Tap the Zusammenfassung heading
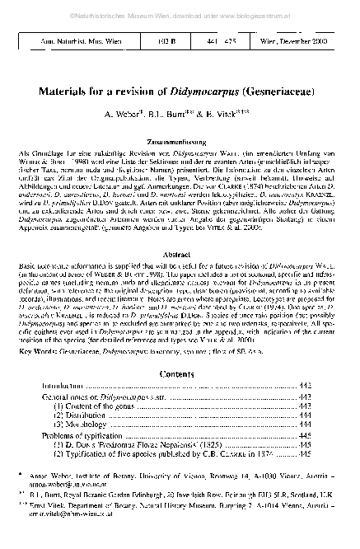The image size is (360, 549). coord(180,164)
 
